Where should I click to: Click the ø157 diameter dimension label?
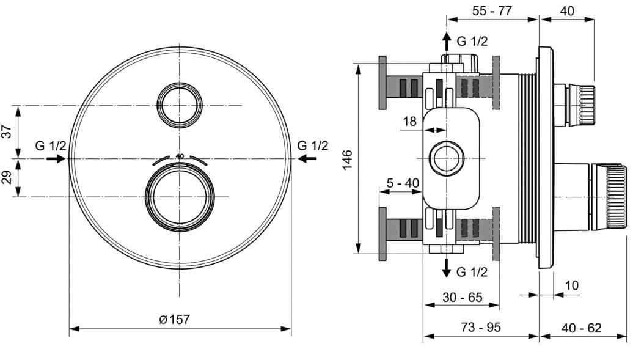[174, 319]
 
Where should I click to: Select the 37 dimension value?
[7, 131]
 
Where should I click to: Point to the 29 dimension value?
[7, 177]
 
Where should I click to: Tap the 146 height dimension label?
[348, 160]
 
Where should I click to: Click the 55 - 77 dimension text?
[492, 10]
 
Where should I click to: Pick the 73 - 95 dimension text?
[481, 327]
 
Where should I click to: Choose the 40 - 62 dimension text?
[581, 328]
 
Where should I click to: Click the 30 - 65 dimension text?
[463, 298]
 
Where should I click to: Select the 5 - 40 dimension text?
[403, 183]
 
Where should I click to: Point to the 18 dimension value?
[409, 121]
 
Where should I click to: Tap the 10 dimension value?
[572, 285]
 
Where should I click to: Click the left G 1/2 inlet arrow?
[56, 159]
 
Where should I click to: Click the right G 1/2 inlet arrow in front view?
[307, 159]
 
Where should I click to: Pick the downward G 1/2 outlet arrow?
[447, 268]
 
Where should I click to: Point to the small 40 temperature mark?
[180, 156]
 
